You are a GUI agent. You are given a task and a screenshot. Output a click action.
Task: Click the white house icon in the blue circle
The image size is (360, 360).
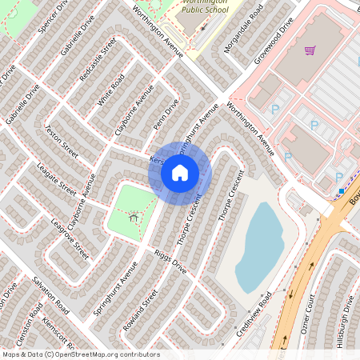180,172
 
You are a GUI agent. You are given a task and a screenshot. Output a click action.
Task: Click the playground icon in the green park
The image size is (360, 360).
133,214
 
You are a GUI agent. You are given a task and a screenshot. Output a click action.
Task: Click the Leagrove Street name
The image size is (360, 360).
70,238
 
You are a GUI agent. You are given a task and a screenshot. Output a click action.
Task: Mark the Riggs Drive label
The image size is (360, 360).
170,260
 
